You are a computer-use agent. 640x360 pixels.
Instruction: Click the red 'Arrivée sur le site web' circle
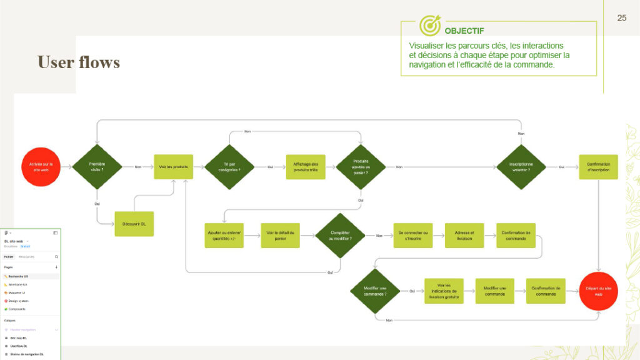(x=41, y=167)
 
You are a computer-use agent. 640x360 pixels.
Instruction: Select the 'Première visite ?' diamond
(x=97, y=167)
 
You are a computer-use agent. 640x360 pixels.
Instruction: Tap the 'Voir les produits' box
(x=173, y=167)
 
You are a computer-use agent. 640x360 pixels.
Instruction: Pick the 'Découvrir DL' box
(x=134, y=224)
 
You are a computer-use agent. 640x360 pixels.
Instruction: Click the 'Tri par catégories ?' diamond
(x=229, y=167)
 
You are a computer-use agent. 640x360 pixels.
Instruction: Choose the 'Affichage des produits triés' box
(x=306, y=167)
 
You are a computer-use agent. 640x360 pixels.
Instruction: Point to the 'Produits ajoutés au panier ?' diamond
(x=361, y=167)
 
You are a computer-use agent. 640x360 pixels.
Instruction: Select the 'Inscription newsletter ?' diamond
(x=521, y=167)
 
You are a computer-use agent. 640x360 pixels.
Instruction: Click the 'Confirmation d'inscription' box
(x=598, y=167)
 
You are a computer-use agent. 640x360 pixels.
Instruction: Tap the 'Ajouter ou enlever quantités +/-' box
(x=224, y=236)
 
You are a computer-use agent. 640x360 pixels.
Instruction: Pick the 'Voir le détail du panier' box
(x=280, y=236)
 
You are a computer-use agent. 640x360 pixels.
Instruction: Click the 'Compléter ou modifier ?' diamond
(x=339, y=236)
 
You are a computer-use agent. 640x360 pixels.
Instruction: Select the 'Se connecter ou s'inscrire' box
(x=412, y=236)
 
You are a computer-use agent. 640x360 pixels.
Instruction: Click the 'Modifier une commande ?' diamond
(x=374, y=291)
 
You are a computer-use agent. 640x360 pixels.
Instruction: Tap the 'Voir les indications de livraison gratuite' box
(x=444, y=291)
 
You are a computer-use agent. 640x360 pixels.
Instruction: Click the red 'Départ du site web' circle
(x=598, y=291)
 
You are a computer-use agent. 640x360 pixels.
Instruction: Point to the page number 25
(x=621, y=17)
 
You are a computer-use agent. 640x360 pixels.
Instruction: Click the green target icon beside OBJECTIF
(x=430, y=26)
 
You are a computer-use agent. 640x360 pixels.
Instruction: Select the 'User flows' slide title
(x=78, y=62)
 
